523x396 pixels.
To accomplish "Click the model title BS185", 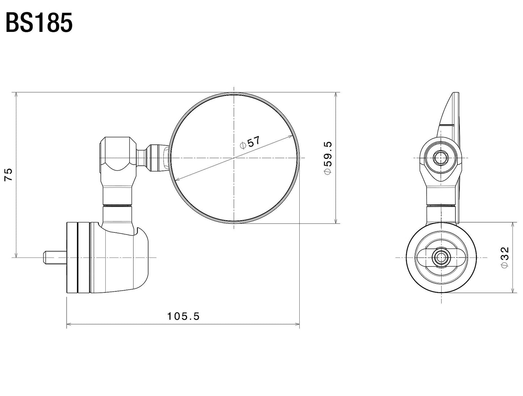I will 39,23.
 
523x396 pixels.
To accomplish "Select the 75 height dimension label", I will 9,174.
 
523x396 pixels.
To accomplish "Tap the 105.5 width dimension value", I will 183,316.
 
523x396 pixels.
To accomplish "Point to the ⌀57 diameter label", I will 250,142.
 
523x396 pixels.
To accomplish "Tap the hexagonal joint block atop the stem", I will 117,153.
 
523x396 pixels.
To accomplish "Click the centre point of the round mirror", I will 234,158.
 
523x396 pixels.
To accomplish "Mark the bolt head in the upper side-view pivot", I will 441,158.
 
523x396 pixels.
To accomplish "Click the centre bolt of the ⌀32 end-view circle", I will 441,257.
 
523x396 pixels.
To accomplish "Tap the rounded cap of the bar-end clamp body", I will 141,257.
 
